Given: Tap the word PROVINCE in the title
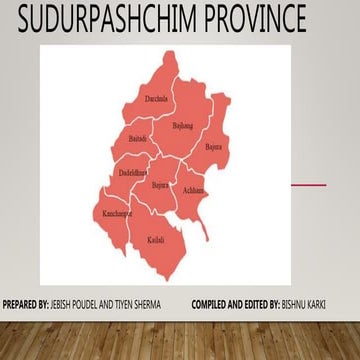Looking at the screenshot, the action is [x=254, y=19].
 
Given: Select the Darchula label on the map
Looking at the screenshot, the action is [x=156, y=98].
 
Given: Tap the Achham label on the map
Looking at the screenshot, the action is [x=193, y=190].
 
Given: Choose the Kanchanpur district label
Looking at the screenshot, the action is [x=117, y=214].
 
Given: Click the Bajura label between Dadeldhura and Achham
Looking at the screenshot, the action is [x=160, y=185].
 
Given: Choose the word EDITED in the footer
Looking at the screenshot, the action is [x=258, y=302].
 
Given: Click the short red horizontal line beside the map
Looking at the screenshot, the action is [x=308, y=185].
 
